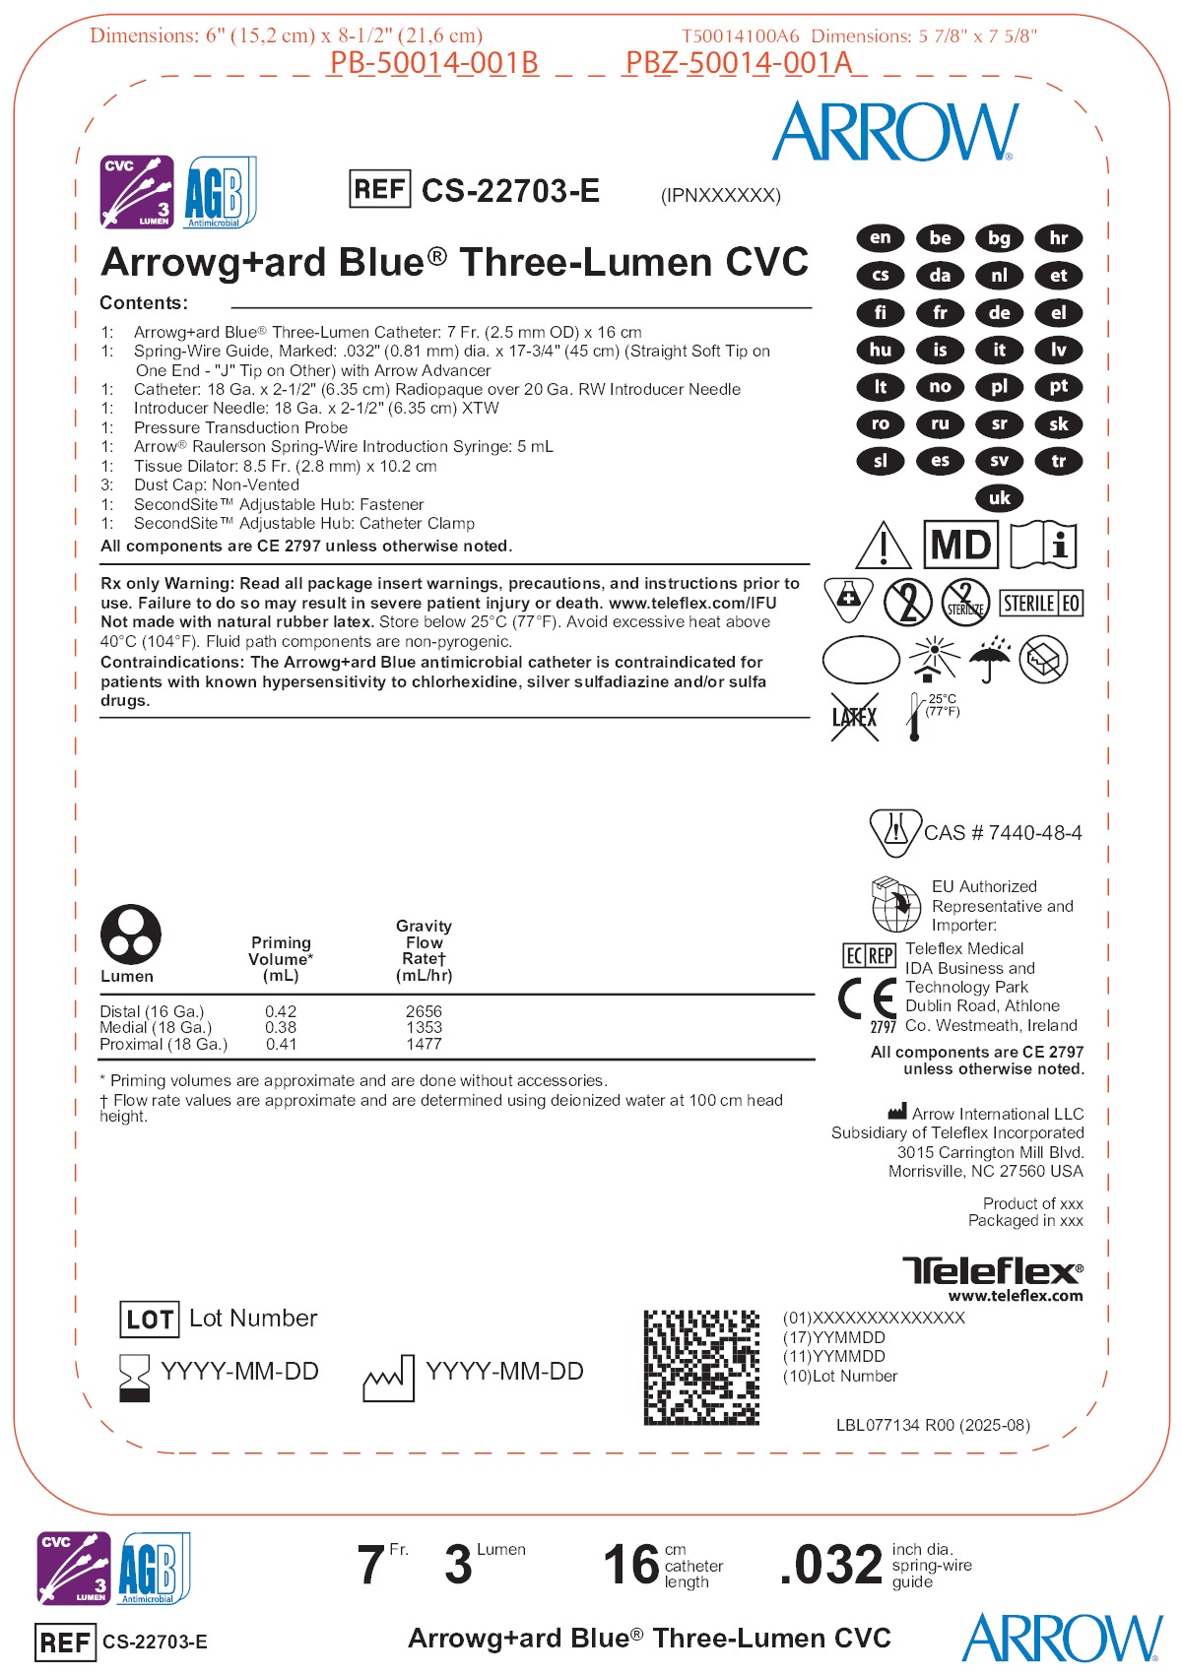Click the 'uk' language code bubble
click(999, 498)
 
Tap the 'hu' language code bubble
click(881, 350)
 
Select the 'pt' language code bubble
click(1058, 387)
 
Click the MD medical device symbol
click(960, 545)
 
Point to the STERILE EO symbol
click(1041, 603)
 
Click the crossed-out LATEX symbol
click(854, 717)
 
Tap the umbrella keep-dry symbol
click(989, 659)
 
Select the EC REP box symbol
click(869, 955)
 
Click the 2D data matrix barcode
click(701, 1367)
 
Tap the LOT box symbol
click(150, 1320)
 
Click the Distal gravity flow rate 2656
click(424, 1011)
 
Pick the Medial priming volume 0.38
click(281, 1027)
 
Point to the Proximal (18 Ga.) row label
click(164, 1044)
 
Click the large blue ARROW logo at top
click(894, 132)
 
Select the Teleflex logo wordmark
click(992, 1270)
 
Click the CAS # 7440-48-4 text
click(1003, 833)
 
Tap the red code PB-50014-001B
click(433, 63)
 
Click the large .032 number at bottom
click(831, 1565)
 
